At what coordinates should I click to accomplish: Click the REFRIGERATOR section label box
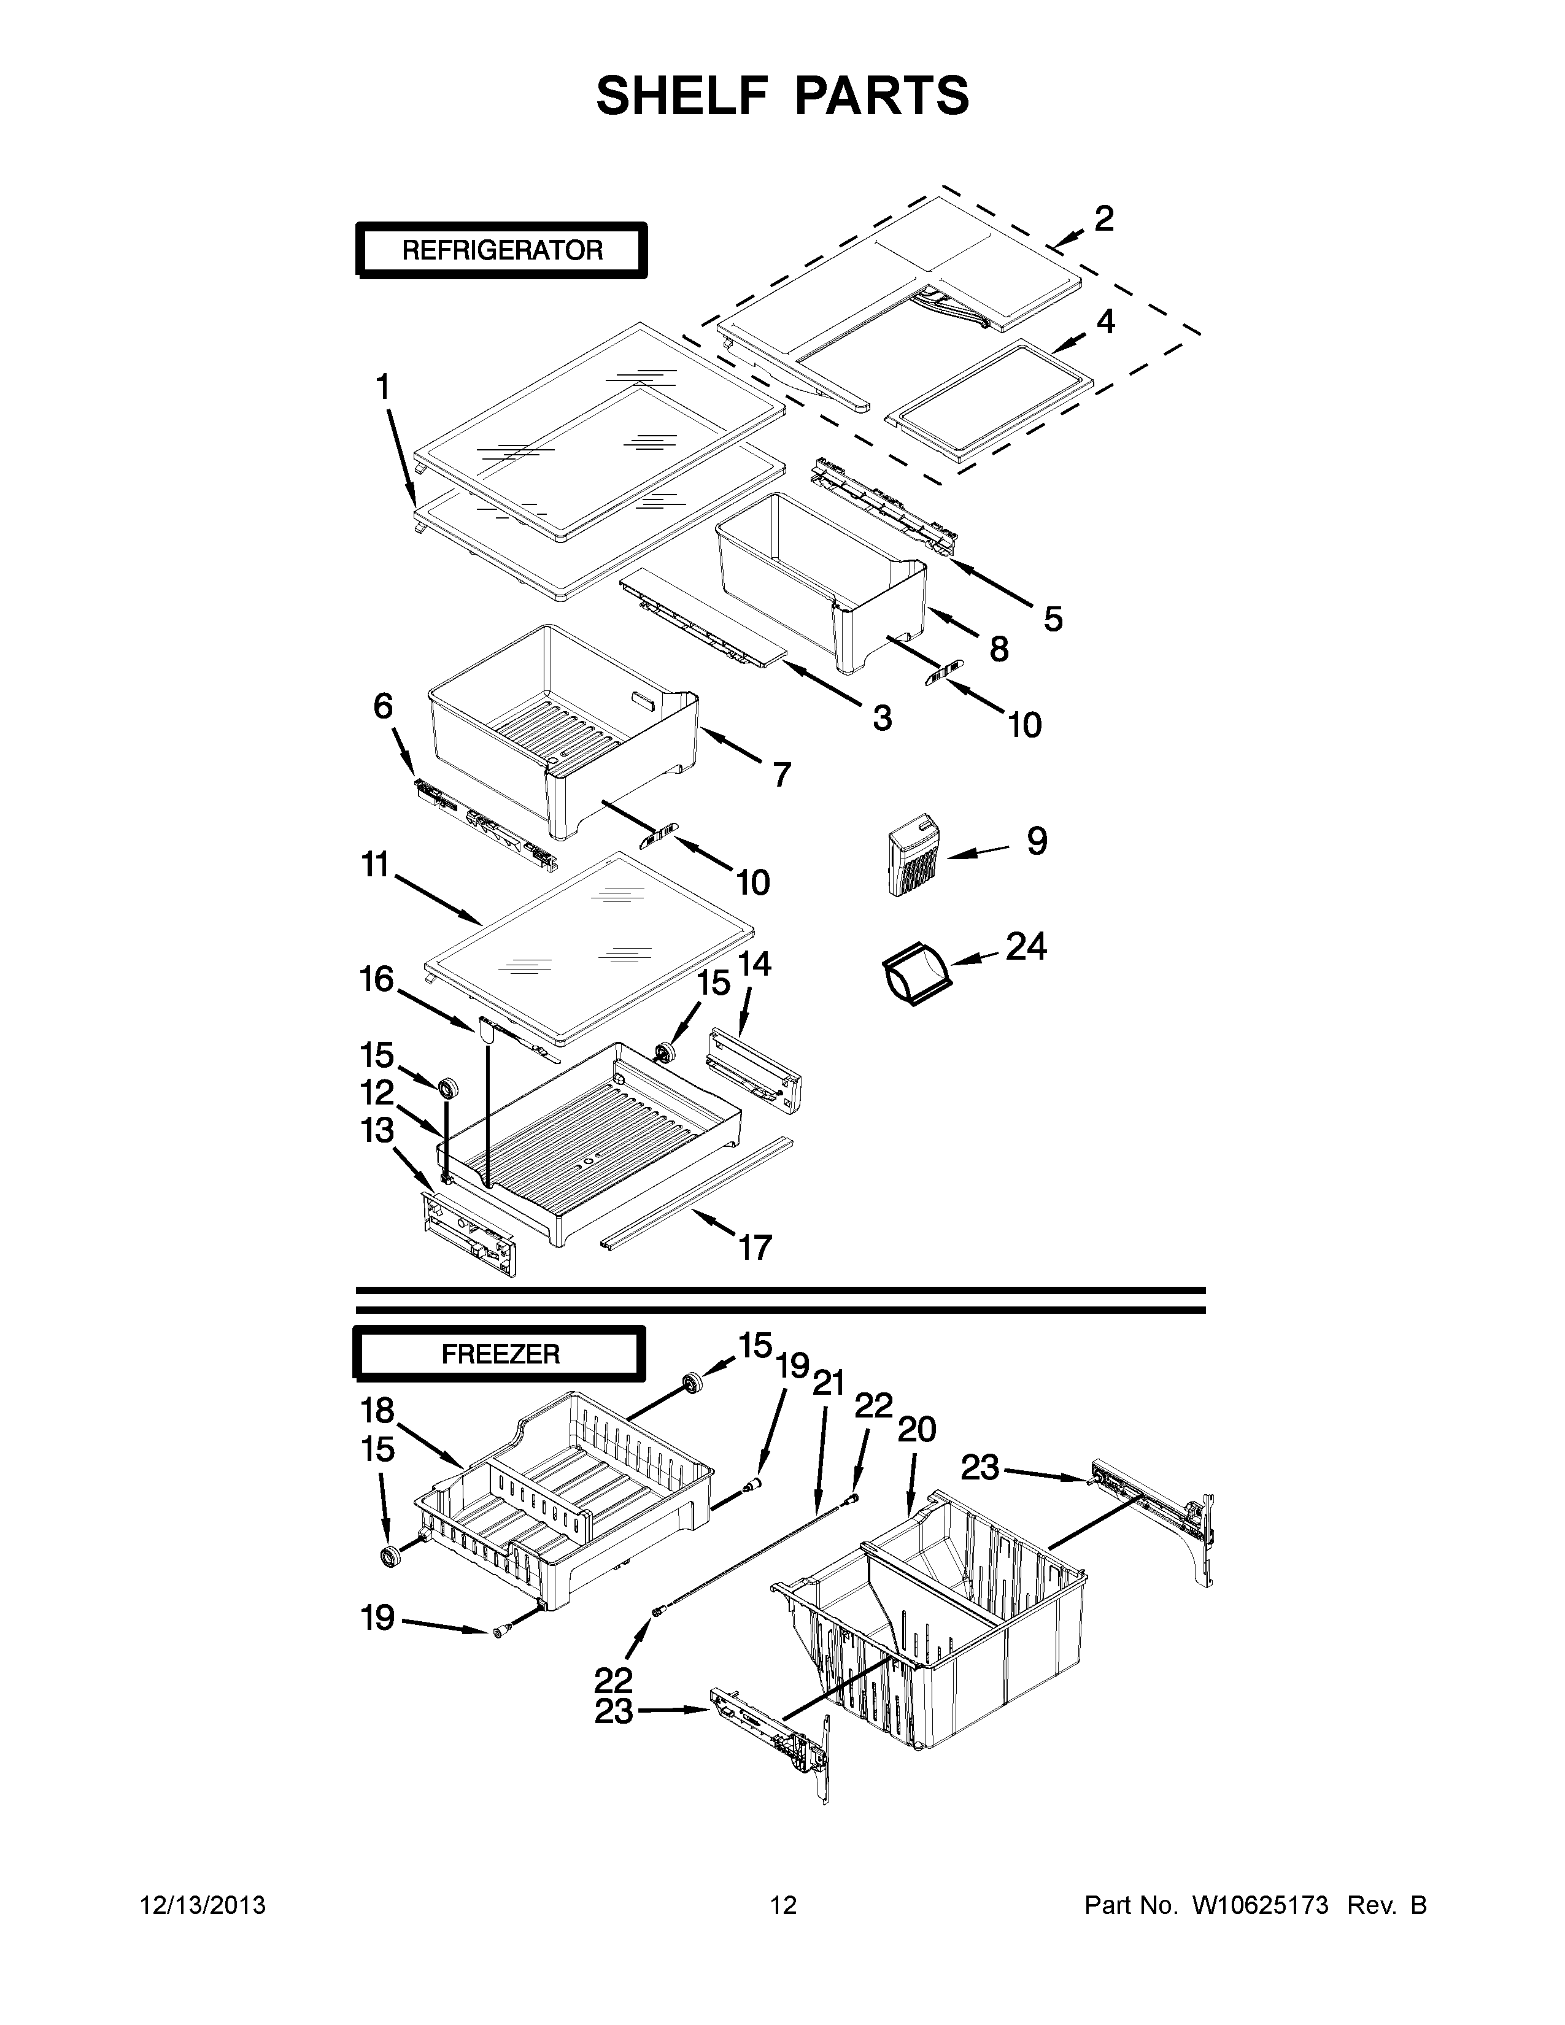coord(501,250)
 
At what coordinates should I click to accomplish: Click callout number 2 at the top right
coord(1103,219)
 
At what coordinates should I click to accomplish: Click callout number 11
coord(374,865)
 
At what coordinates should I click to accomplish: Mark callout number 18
coord(378,1410)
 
